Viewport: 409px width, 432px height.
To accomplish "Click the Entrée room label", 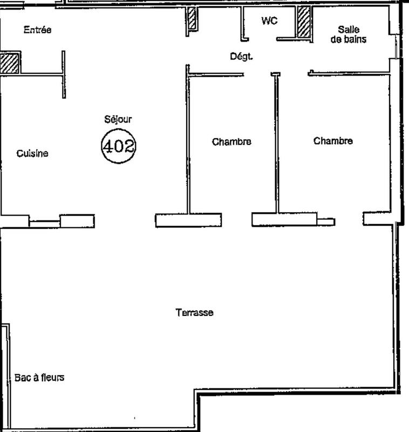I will (x=37, y=30).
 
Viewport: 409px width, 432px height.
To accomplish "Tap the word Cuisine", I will (x=32, y=153).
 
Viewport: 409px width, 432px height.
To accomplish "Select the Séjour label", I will (x=118, y=119).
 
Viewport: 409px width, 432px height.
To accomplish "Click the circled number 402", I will (x=118, y=146).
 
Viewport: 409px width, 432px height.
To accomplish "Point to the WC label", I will (x=269, y=21).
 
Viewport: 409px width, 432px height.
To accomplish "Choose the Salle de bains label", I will (x=348, y=34).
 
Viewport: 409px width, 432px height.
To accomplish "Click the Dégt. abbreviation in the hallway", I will (x=241, y=56).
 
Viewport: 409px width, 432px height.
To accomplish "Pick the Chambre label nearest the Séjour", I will (x=231, y=142).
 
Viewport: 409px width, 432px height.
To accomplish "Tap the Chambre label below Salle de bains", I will (x=333, y=141).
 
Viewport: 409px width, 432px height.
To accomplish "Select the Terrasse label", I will (x=194, y=313).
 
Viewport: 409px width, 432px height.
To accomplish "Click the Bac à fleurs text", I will (x=38, y=377).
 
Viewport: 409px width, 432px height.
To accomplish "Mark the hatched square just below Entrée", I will (x=10, y=63).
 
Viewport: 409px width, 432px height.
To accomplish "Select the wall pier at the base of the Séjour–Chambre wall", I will (x=188, y=220).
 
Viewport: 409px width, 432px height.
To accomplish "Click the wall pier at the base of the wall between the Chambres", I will (x=284, y=219).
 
